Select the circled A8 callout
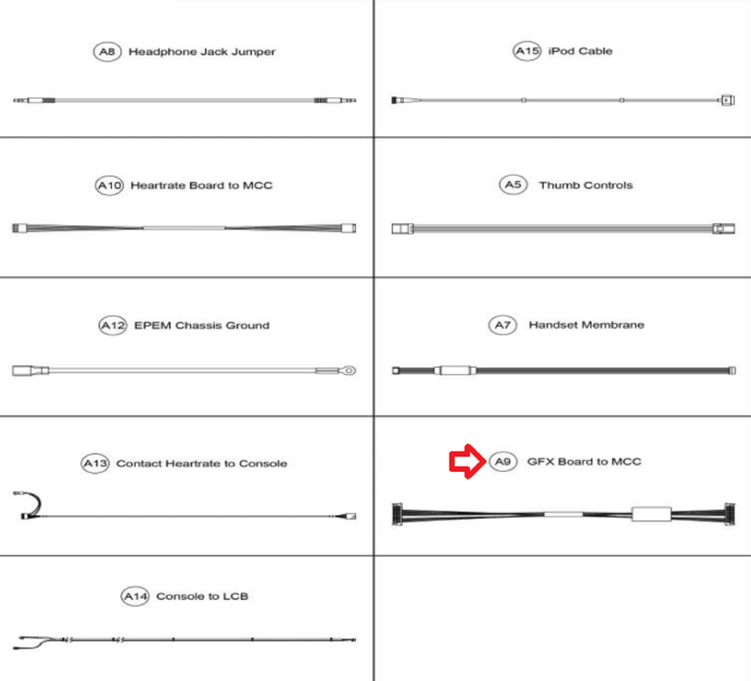tap(107, 52)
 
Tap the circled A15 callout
tap(527, 51)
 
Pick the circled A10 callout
tap(109, 185)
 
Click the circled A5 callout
tap(513, 185)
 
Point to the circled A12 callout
tap(113, 325)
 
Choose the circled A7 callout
tap(503, 325)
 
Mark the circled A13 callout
tap(95, 463)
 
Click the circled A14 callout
tap(135, 596)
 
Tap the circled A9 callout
tap(503, 462)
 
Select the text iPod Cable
tap(580, 51)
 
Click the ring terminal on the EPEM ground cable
tap(348, 371)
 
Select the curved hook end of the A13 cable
tap(29, 505)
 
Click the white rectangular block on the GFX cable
tap(651, 514)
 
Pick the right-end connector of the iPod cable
tap(727, 100)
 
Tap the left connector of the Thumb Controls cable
tap(402, 228)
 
